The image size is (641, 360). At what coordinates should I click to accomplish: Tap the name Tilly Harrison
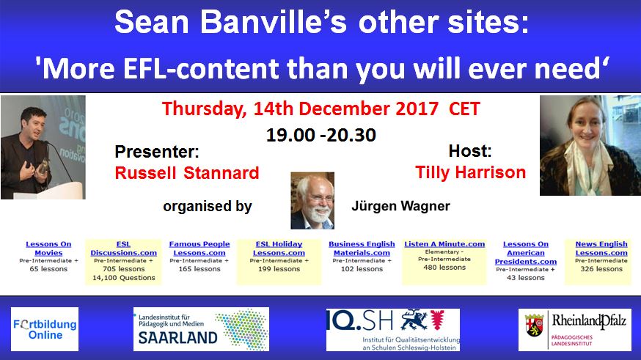coord(470,173)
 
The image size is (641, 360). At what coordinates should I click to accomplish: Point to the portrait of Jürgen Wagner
coord(312,201)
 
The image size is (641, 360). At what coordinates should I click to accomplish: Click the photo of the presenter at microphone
coord(43,147)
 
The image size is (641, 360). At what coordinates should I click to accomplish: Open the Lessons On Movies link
coord(48,249)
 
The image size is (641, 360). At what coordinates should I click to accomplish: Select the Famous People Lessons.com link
coord(199,249)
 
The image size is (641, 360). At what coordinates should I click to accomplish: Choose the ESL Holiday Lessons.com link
coord(279,249)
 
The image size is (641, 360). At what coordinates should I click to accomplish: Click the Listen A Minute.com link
coord(444,244)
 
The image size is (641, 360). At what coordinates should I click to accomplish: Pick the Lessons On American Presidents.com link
coord(525,253)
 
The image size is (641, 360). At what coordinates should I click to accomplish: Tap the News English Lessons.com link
coord(601,249)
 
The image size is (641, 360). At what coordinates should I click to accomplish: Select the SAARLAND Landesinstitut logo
coord(201,328)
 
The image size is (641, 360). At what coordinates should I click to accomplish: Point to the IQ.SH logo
coord(392,329)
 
